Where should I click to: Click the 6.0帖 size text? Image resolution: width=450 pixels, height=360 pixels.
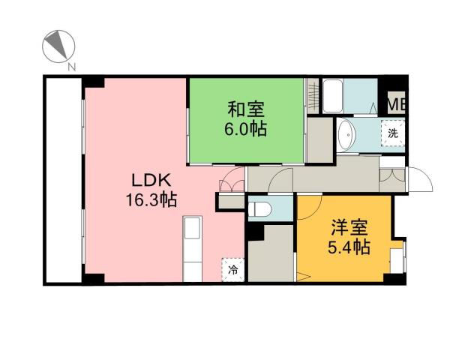[x=246, y=127]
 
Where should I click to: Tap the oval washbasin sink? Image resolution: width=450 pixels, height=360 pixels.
[x=346, y=136]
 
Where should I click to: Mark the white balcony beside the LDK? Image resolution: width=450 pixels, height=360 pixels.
[x=63, y=180]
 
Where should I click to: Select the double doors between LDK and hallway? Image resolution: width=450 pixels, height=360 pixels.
[x=232, y=184]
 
